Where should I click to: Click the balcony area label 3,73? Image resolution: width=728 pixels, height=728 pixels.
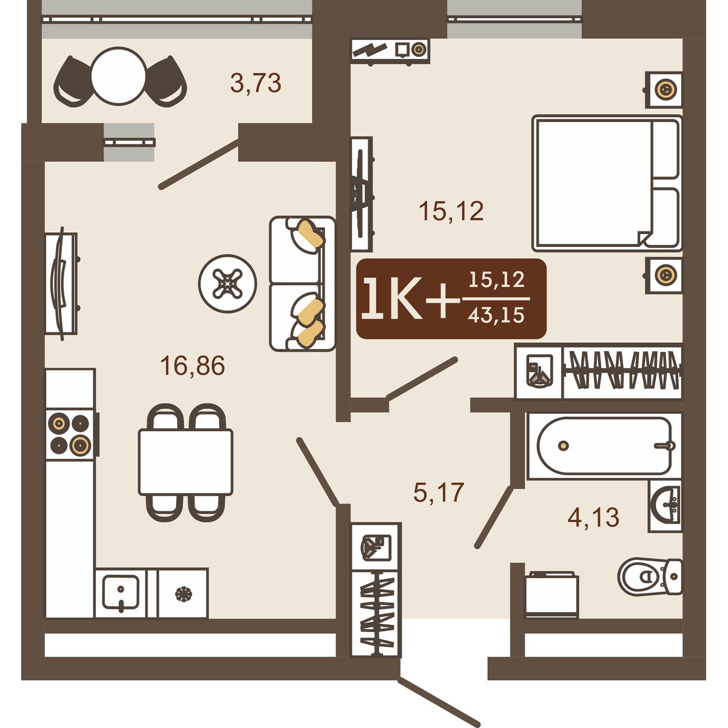pos(256,83)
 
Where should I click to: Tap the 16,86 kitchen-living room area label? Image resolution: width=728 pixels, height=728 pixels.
pos(193,365)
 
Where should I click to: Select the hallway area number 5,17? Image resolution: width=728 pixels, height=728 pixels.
pos(439,492)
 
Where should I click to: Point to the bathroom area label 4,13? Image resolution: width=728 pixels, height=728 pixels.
pos(593,517)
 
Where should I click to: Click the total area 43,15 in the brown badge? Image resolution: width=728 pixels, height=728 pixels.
pos(496,314)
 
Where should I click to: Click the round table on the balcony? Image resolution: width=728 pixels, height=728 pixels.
pos(119,76)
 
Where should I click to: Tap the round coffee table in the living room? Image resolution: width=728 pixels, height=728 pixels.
pos(227,283)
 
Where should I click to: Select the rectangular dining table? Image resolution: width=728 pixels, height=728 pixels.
pos(186,462)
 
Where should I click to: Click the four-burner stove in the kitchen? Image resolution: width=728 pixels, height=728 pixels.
pos(72,434)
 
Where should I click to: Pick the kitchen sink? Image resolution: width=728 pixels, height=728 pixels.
pos(121,593)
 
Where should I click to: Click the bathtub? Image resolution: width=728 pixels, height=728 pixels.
pos(604,446)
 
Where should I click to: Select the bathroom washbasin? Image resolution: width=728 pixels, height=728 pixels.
pos(666,505)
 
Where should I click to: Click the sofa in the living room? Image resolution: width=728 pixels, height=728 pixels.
pos(302,284)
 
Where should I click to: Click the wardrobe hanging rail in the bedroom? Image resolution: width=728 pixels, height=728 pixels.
pos(622,370)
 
